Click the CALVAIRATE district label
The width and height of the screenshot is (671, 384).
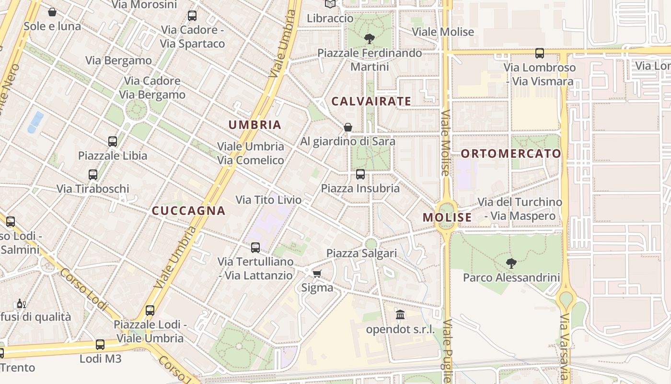point(371,101)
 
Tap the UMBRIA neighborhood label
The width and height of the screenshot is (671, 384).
point(255,125)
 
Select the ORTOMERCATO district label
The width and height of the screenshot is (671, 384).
point(510,154)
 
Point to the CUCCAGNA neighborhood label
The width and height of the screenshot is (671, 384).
point(188,211)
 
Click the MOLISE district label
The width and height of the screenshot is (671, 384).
point(447,217)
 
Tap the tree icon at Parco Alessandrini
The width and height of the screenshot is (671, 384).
point(511,263)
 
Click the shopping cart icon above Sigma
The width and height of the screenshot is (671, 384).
point(317,274)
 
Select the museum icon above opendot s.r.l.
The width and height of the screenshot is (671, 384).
point(400,315)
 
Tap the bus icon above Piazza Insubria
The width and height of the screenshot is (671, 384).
point(360,174)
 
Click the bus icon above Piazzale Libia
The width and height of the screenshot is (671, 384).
point(113,142)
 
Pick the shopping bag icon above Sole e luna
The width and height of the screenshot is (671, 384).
point(52,12)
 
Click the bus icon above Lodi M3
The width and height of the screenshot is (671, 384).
point(100,344)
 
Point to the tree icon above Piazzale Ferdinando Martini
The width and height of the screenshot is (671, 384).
point(369,38)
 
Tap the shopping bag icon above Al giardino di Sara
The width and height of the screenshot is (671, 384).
point(348,127)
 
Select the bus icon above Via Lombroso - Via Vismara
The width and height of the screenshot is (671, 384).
point(540,53)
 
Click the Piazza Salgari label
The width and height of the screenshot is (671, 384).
point(362,253)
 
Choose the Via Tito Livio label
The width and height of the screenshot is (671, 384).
point(268,200)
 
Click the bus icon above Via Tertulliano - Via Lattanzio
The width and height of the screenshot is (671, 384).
point(255,248)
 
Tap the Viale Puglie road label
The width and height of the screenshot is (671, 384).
point(447,350)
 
